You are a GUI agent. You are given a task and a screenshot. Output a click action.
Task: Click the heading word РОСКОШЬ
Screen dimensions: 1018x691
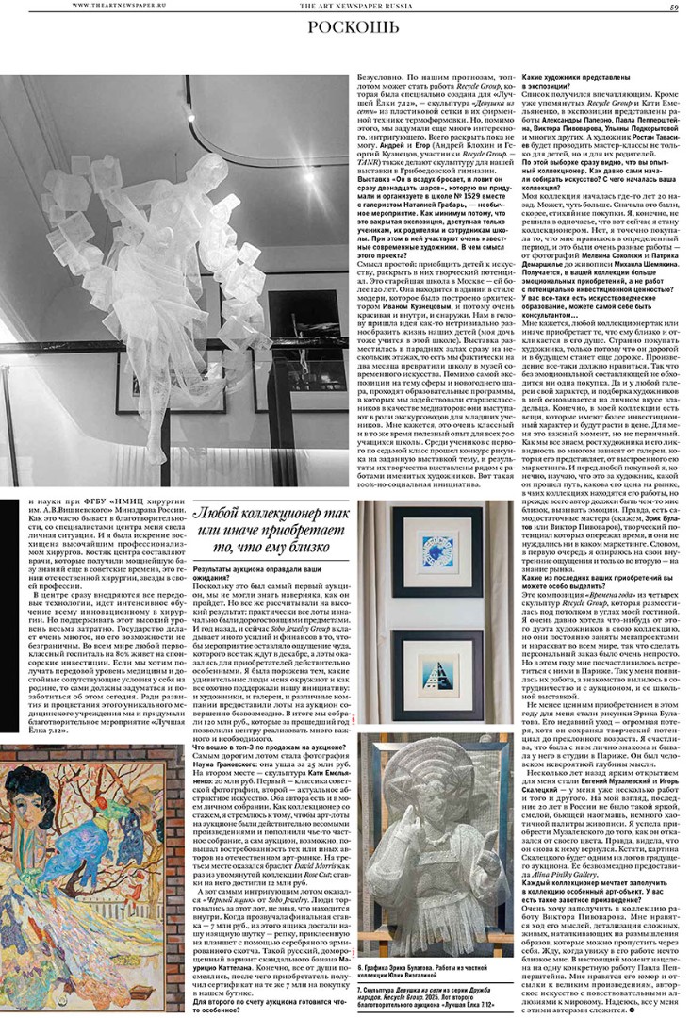[345, 29]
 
